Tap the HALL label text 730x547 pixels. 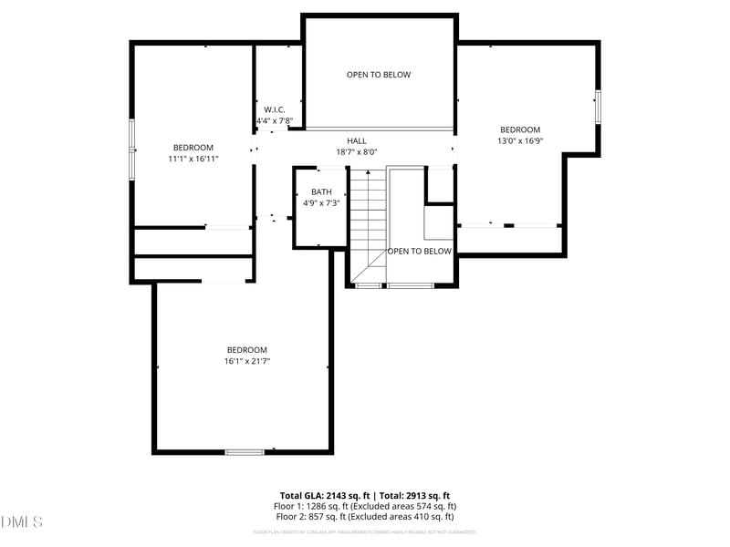356,141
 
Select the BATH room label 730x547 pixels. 321,191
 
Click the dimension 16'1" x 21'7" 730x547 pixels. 247,361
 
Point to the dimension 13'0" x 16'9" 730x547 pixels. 520,141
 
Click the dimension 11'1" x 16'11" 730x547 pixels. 193,159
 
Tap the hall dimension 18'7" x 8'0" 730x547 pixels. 356,152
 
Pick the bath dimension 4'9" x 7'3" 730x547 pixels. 321,203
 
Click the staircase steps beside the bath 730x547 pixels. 369,219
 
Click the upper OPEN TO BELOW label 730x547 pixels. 379,75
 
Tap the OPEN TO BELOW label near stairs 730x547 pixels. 420,251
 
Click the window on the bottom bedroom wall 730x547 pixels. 245,451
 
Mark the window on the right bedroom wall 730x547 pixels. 599,107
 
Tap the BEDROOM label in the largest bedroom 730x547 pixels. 247,350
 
